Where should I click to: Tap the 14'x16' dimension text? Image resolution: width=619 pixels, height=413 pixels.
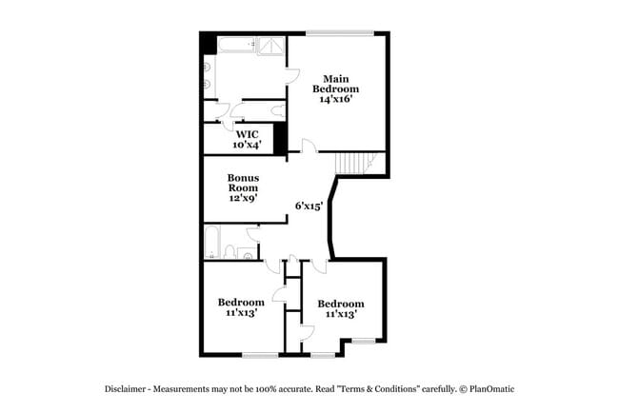coord(340,99)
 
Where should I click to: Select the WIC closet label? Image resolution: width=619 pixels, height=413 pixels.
coord(247,134)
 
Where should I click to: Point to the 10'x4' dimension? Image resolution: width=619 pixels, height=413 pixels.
coord(247,145)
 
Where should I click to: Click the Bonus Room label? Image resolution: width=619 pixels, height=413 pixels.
coord(243,183)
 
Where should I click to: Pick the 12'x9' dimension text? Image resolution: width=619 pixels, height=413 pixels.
coord(243,199)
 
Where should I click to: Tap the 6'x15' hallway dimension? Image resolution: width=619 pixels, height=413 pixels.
coord(309,205)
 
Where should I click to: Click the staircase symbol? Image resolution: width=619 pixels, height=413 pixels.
coord(360,164)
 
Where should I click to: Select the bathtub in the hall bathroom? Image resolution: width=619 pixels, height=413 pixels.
coord(213,243)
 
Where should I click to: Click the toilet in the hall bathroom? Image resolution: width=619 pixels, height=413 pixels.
coord(230,251)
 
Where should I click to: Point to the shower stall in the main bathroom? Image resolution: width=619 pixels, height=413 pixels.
coord(270,46)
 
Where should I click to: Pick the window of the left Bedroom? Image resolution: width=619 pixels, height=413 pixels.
coord(259,355)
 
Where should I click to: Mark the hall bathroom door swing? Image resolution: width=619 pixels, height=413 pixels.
coord(253,234)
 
